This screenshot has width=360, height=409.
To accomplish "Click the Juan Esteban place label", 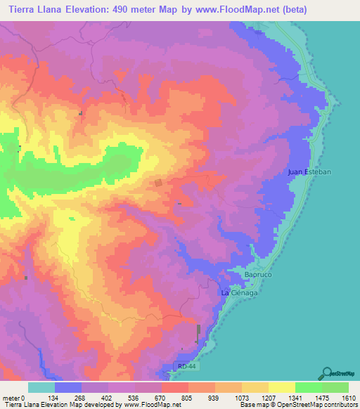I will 309,171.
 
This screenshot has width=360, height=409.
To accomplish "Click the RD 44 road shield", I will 184,365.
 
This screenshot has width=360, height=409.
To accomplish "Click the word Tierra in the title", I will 23,8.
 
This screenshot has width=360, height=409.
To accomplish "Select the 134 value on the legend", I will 56,398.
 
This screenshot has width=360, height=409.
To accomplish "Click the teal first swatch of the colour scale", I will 41,387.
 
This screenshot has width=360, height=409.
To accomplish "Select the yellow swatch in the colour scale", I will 281,387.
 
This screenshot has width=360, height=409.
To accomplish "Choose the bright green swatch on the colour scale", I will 308,387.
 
